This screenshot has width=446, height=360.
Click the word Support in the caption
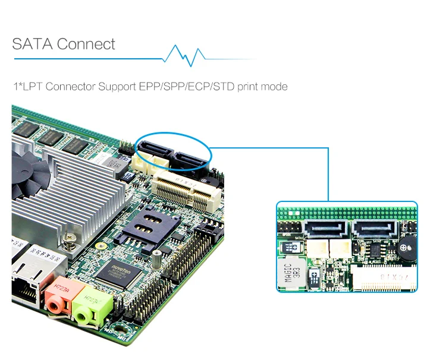pyautogui.click(x=118, y=87)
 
